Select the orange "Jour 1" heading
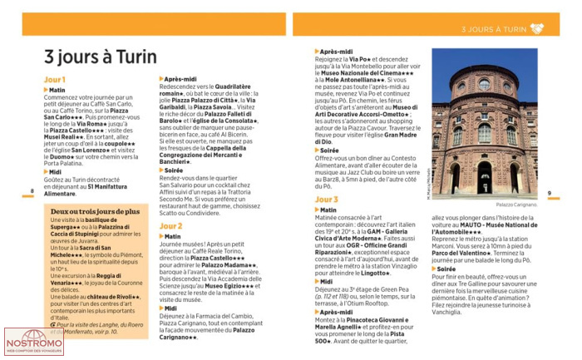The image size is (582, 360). (54, 80)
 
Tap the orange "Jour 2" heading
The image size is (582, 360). (170, 225)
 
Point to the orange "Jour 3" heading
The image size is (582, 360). (326, 200)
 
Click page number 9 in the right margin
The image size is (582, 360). (550, 192)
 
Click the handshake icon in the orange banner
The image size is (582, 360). (537, 28)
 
